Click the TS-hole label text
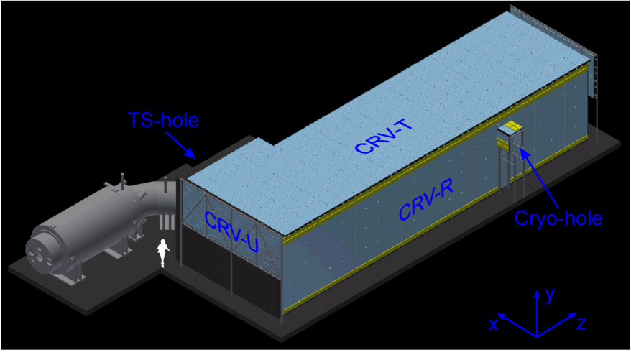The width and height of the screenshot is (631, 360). click(x=163, y=120)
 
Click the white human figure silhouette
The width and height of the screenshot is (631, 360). click(x=165, y=253)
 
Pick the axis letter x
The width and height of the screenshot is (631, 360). click(x=494, y=325)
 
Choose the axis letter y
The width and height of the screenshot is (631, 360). click(x=550, y=295)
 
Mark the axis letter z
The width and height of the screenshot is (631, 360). click(x=581, y=323)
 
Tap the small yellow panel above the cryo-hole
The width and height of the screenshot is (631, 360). click(x=511, y=128)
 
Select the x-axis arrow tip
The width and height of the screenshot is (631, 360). click(x=501, y=315)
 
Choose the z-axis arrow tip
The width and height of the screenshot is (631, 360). click(x=573, y=315)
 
